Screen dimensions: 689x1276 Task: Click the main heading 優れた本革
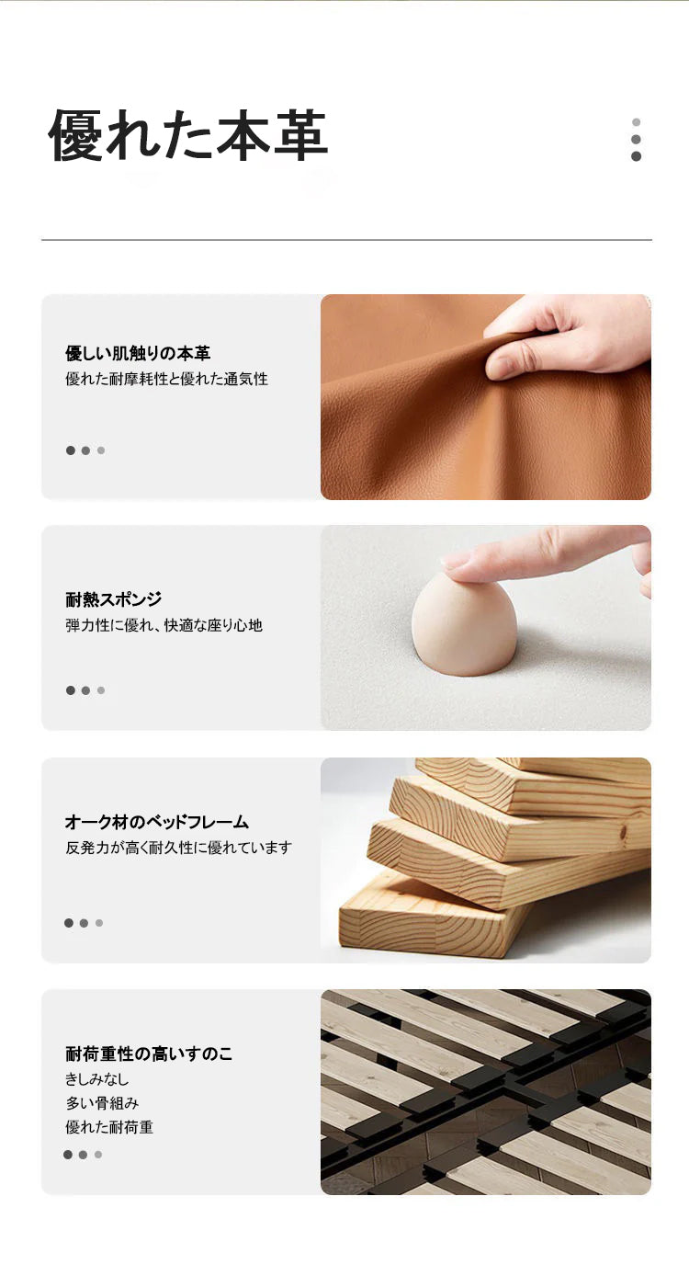point(188,135)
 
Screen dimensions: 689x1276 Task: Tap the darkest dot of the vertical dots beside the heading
point(636,156)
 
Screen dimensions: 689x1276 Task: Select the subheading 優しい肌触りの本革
point(138,353)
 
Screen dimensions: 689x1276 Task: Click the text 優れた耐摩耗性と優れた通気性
point(166,379)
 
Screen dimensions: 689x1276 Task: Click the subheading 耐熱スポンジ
point(113,599)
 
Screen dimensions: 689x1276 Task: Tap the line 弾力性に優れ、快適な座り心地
point(164,625)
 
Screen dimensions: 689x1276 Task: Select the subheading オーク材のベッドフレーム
point(156,822)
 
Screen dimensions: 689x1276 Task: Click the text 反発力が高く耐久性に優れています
point(178,848)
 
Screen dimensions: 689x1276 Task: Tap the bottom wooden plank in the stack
point(433,917)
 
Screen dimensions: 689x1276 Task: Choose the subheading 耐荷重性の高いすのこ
point(149,1054)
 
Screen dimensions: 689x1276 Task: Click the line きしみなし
point(96,1079)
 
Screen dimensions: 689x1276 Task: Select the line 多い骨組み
point(102,1103)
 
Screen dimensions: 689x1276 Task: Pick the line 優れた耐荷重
point(109,1127)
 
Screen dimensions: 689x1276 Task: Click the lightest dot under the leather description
point(101,450)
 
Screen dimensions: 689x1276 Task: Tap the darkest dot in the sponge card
point(71,690)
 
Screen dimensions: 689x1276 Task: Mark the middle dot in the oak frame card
point(84,923)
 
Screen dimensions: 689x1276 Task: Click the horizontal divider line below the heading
point(346,240)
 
